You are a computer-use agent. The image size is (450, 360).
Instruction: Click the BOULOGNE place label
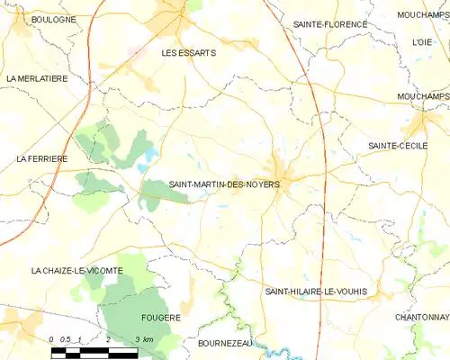pyautogui.click(x=53, y=19)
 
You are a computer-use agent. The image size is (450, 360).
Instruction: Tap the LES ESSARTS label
pyautogui.click(x=188, y=53)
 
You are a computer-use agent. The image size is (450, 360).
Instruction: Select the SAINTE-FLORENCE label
pyautogui.click(x=330, y=24)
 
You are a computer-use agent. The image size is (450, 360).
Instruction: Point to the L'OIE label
pyautogui.click(x=421, y=42)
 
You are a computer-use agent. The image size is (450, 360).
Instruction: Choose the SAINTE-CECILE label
pyautogui.click(x=397, y=145)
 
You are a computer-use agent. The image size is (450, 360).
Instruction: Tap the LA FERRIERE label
pyautogui.click(x=41, y=158)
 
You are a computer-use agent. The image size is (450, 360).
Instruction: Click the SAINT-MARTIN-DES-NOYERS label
pyautogui.click(x=224, y=184)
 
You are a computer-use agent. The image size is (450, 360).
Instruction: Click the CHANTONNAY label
pyautogui.click(x=421, y=318)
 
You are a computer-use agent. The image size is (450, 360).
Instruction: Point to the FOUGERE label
pyautogui.click(x=161, y=318)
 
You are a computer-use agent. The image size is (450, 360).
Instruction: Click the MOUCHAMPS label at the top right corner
pyautogui.click(x=423, y=15)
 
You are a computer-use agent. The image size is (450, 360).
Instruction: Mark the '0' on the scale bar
pyautogui.click(x=52, y=338)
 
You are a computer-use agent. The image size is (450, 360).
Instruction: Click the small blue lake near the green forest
pyautogui.click(x=144, y=166)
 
